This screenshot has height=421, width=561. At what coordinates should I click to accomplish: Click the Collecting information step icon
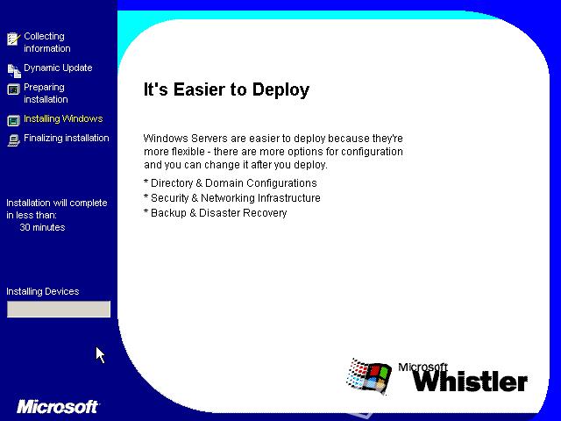click(x=14, y=39)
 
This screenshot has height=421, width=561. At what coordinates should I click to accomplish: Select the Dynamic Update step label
click(x=58, y=68)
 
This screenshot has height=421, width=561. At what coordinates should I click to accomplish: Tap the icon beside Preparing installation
click(x=14, y=89)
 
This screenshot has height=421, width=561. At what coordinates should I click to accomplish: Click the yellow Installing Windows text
click(x=63, y=118)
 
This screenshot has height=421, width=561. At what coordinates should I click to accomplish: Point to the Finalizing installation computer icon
click(x=14, y=140)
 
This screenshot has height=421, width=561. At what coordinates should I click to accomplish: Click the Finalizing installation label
click(x=67, y=138)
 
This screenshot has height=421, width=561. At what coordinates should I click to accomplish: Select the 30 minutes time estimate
click(x=42, y=227)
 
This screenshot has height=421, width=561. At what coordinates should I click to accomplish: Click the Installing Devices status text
click(x=43, y=291)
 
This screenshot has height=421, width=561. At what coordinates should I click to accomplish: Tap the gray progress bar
click(x=59, y=309)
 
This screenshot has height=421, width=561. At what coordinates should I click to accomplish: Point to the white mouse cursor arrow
click(x=100, y=354)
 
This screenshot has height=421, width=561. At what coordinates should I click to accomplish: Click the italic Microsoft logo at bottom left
click(x=58, y=407)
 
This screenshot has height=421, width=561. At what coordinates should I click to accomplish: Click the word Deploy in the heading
click(x=280, y=89)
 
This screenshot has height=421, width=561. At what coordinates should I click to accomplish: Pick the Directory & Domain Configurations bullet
click(x=230, y=183)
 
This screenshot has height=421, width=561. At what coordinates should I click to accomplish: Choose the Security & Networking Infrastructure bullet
click(x=231, y=198)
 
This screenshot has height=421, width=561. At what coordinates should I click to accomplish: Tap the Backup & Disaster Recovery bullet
click(x=215, y=213)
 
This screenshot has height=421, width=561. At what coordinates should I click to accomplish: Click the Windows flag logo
click(x=368, y=376)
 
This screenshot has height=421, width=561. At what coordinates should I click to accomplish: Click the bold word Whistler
click(x=470, y=381)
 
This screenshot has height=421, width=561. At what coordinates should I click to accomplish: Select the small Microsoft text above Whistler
click(x=423, y=367)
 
